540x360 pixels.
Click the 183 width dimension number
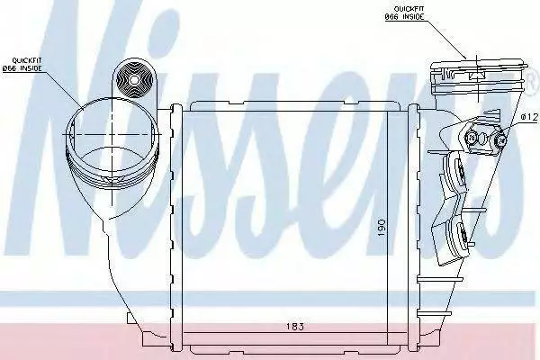[295, 327]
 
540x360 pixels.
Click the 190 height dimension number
[382, 227]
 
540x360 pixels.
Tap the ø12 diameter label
[529, 118]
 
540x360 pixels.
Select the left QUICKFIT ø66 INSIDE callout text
[22, 65]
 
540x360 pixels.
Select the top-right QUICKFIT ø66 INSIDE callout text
[405, 13]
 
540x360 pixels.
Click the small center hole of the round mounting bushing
[133, 80]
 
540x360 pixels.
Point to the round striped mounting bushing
[134, 80]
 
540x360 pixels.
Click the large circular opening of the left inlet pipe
[113, 134]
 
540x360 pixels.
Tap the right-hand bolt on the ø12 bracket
[500, 140]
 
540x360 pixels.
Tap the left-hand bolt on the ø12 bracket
[472, 139]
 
